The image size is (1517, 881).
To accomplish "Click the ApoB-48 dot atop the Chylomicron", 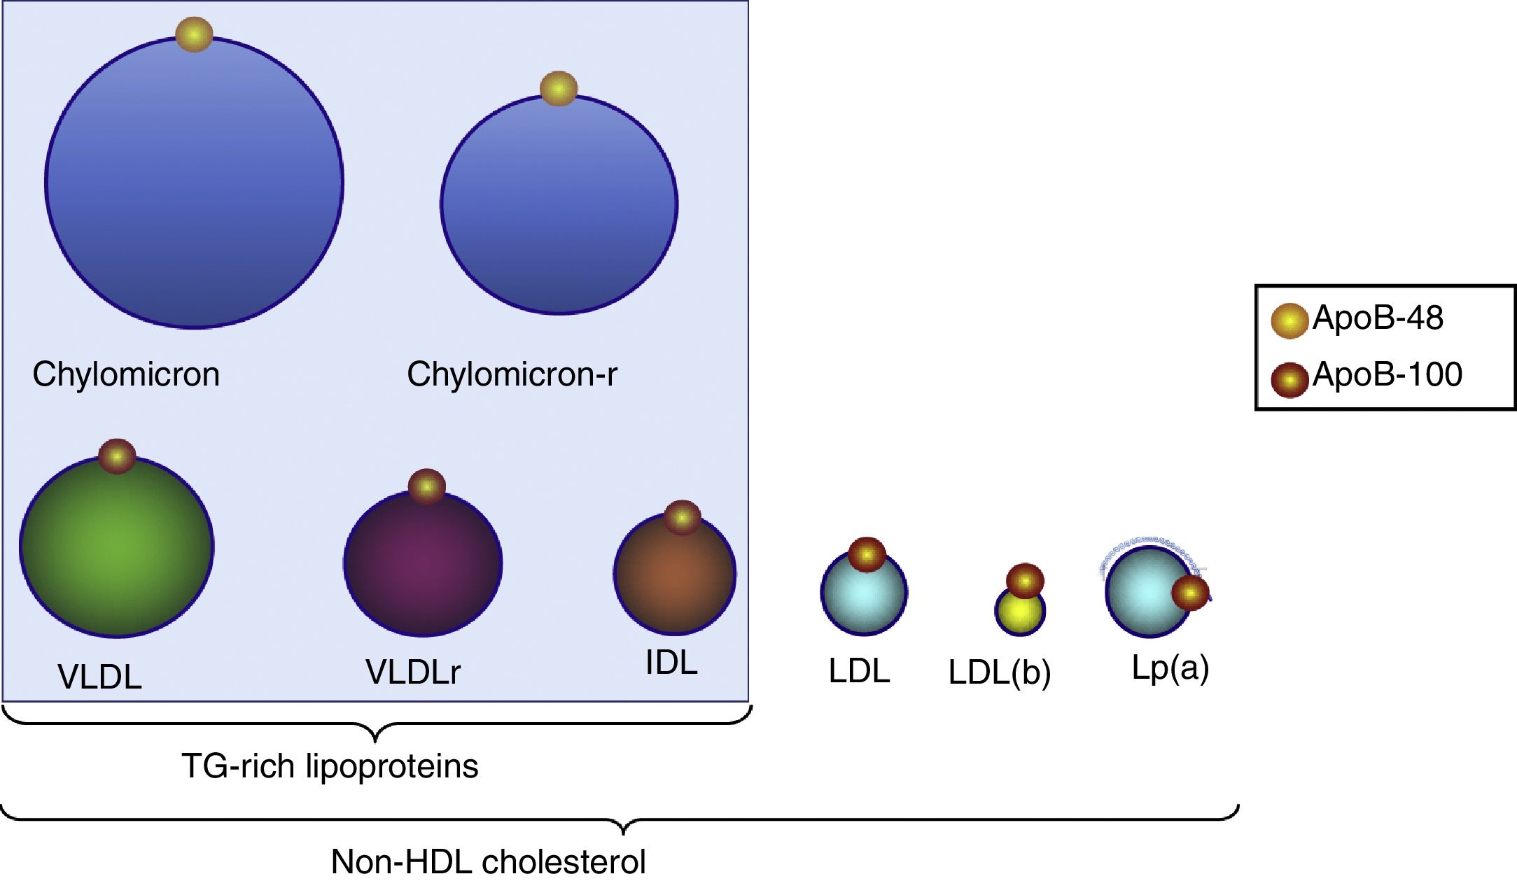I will pos(194,34).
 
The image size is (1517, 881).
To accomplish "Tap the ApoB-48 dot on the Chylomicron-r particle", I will pos(559,89).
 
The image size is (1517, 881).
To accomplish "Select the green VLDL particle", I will pos(117,553).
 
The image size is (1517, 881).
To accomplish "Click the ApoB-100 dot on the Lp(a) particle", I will pos(1190,593).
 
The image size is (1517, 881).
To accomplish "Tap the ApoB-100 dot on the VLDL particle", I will pos(117,456).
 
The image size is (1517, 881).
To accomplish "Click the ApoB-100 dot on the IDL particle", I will pos(682,517).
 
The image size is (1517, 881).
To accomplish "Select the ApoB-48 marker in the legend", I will pos(1289,321).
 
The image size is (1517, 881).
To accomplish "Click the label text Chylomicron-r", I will pos(512,374).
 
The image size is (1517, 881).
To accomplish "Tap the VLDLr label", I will pos(413,672).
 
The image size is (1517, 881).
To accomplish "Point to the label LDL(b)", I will pos(999,673).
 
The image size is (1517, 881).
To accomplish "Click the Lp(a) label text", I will pos(1170,668).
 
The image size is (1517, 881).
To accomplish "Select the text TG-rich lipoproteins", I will pos(330,766).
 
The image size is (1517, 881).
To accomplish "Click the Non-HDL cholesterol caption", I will pos(488,861).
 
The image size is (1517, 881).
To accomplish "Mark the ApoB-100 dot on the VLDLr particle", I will pos(426,486).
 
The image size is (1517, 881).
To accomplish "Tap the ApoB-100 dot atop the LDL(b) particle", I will pos(1025,581).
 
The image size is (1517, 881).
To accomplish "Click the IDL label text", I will pos(671,663).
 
